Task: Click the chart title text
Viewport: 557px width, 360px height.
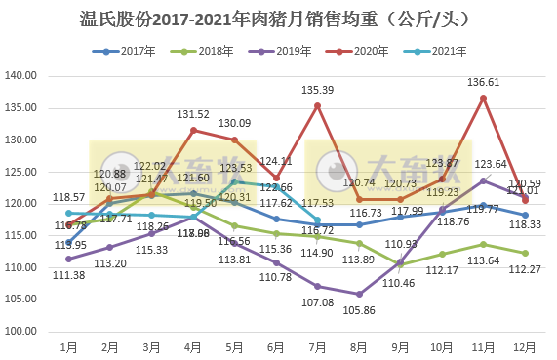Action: pos(278,18)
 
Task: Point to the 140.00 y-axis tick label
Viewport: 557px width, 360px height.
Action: pos(21,76)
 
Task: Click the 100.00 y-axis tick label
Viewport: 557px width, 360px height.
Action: pos(21,331)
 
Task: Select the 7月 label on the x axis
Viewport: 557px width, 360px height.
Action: pos(318,346)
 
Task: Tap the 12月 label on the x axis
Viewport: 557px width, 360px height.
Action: pos(526,346)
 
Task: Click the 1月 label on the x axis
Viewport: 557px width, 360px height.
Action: pos(68,346)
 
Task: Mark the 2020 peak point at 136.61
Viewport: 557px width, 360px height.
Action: pos(484,98)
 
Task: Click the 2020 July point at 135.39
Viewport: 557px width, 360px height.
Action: pos(318,105)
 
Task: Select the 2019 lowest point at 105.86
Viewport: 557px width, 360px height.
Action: pos(360,294)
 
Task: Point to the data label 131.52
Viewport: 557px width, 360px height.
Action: pos(193,115)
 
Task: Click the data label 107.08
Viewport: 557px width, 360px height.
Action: pos(318,302)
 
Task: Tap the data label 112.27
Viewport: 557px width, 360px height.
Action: pos(526,270)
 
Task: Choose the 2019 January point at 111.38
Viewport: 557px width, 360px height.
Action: pos(68,259)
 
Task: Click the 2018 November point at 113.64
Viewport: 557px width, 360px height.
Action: pos(484,245)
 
